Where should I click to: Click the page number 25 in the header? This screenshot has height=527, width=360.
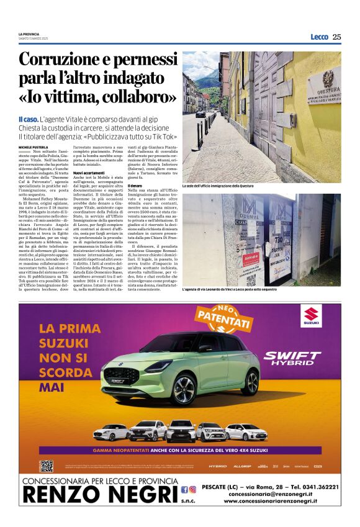click(x=337, y=37)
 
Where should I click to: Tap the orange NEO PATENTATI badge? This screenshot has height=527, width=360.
click(x=223, y=320)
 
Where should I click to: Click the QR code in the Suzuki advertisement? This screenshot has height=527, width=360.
click(x=47, y=466)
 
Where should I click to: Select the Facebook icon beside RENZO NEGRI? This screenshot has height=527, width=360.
click(x=184, y=489)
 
